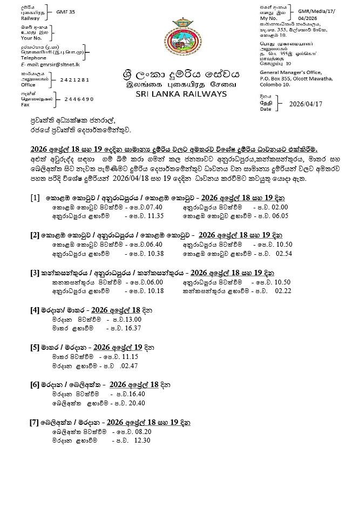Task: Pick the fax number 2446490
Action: (x=79, y=99)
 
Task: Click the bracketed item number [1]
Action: (x=36, y=198)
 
